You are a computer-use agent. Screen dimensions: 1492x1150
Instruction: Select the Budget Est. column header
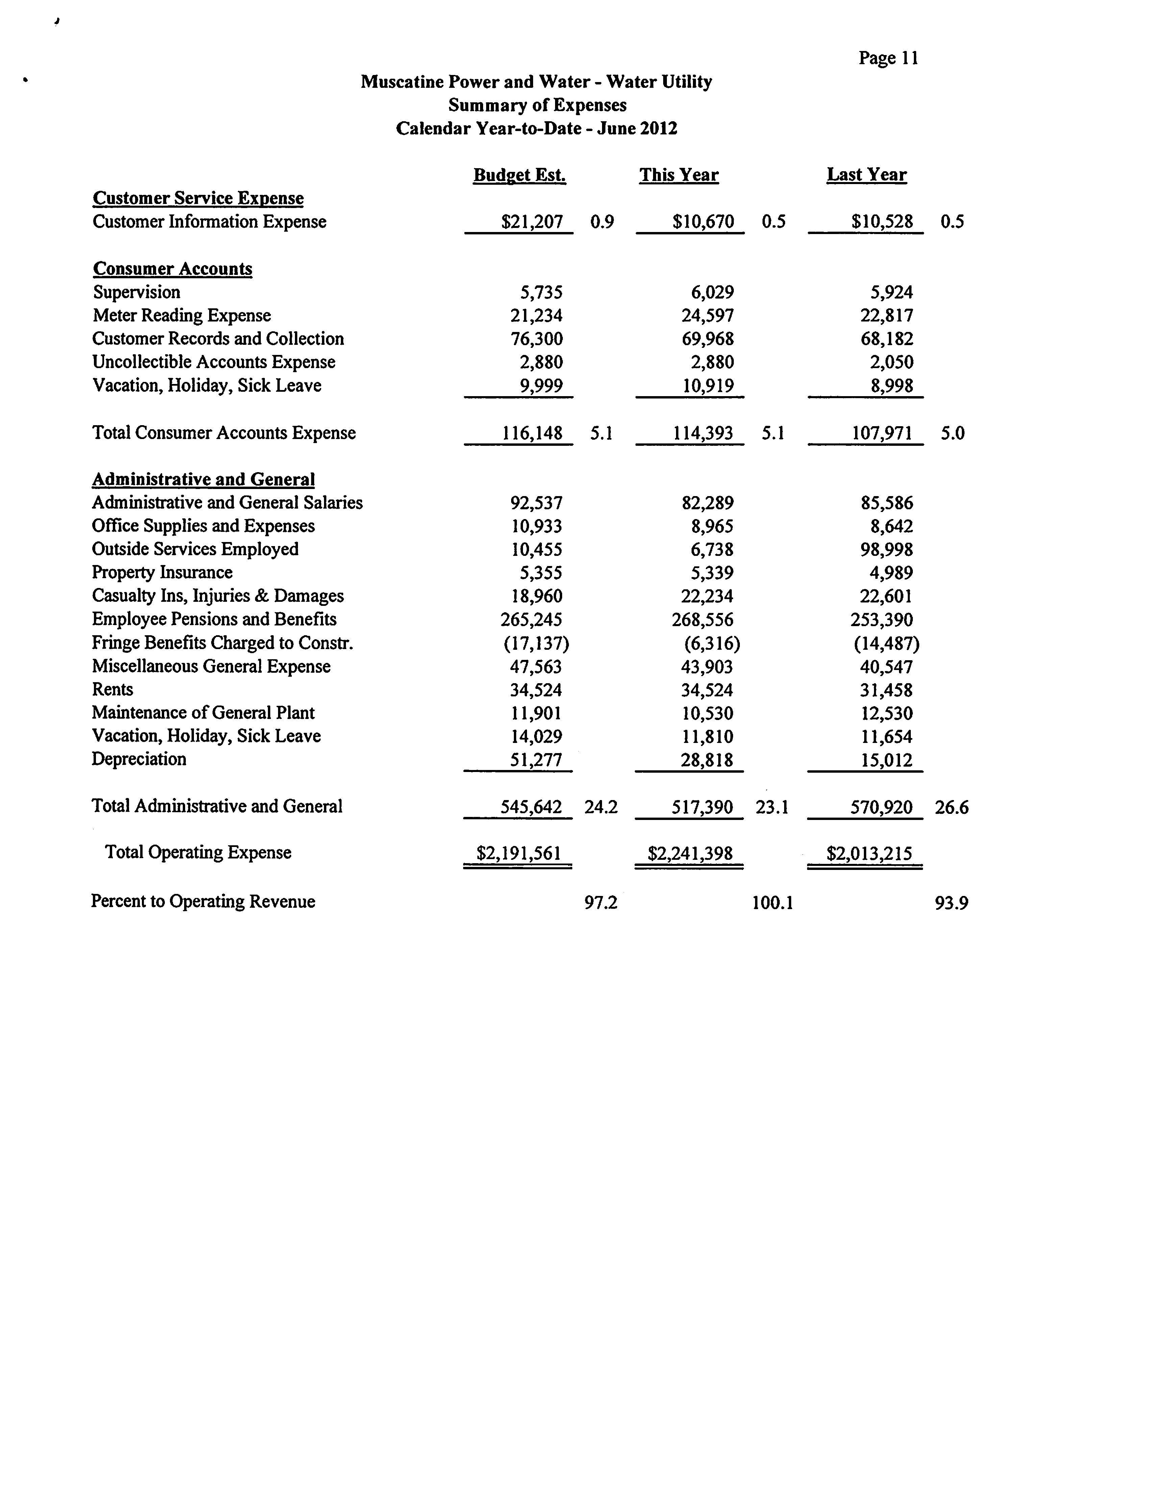pyautogui.click(x=519, y=175)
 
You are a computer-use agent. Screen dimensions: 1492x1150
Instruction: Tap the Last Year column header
pyautogui.click(x=867, y=175)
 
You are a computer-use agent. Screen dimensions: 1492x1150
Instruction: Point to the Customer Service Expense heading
pyautogui.click(x=198, y=198)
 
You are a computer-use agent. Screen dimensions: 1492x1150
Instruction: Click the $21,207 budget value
pyautogui.click(x=532, y=222)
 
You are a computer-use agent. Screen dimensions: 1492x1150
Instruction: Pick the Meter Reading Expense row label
pyautogui.click(x=182, y=316)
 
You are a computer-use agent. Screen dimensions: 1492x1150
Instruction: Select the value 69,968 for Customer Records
pyautogui.click(x=708, y=339)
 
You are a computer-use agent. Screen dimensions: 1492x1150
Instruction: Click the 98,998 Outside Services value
pyautogui.click(x=886, y=549)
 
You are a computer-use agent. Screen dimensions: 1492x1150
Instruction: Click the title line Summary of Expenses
pyautogui.click(x=537, y=105)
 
